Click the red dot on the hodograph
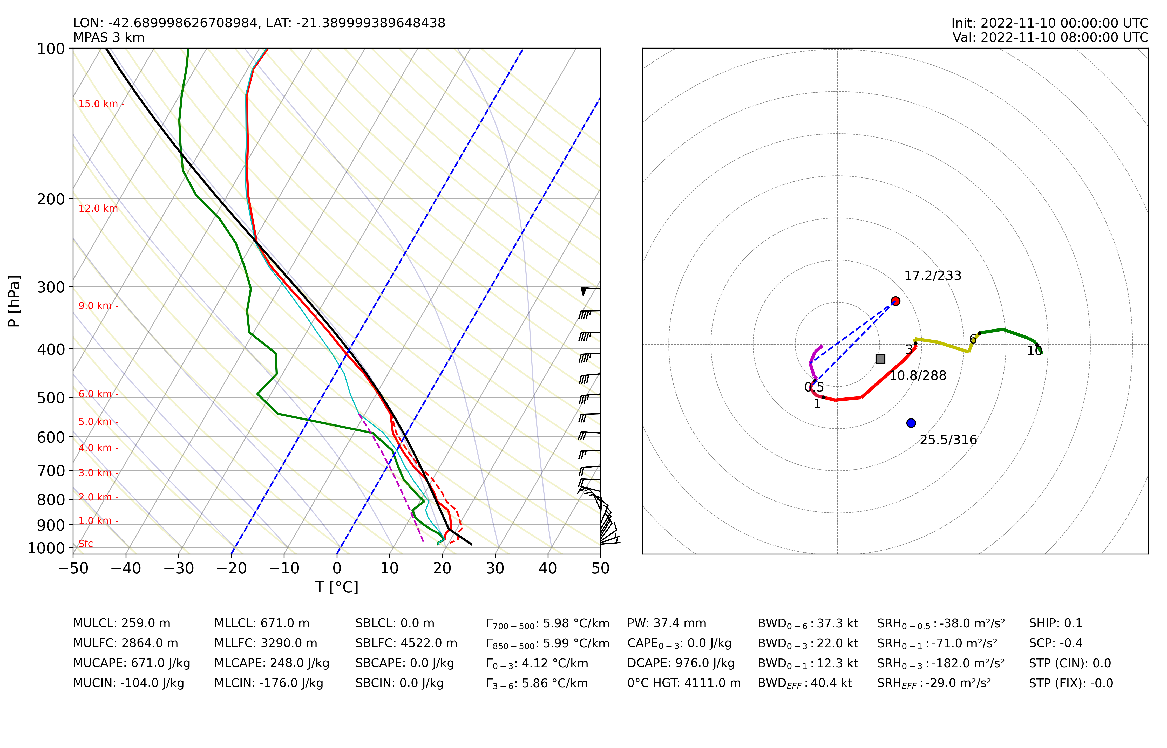point(895,301)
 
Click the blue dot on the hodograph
point(911,423)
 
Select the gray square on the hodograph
point(880,359)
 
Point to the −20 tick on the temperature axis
point(232,568)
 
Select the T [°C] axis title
point(337,587)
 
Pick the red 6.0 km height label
point(96,394)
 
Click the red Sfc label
point(85,544)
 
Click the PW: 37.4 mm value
point(667,623)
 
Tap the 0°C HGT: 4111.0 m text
point(684,683)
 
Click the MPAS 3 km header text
point(109,37)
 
